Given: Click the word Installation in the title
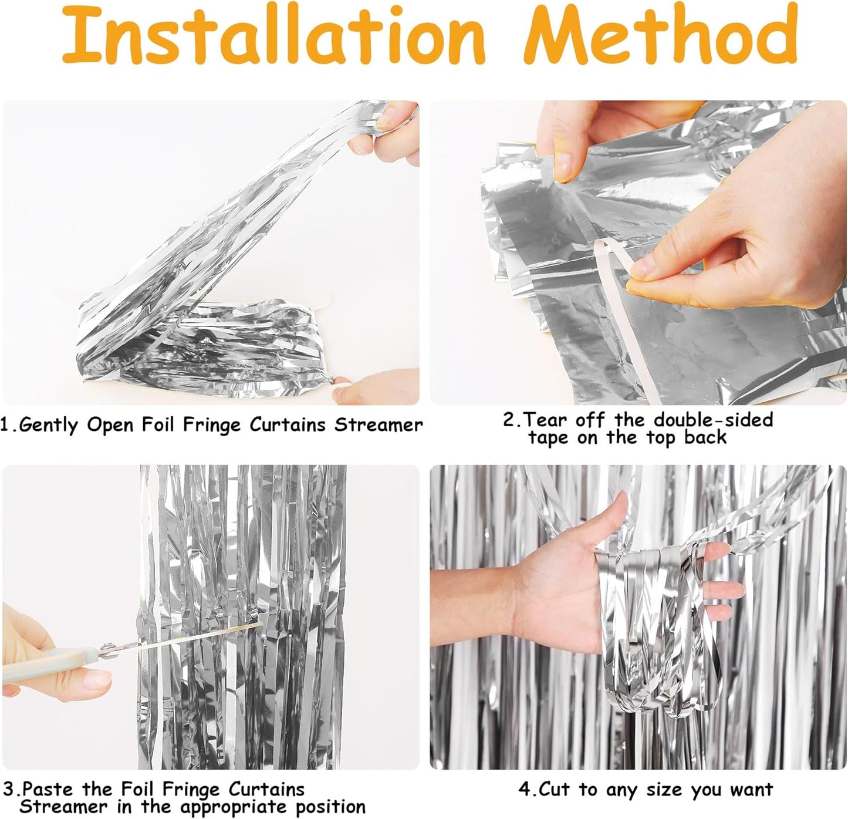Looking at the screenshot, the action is pos(273,35).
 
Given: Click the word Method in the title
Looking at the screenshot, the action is pos(661,34).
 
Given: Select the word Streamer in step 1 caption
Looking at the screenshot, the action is pos(379,424).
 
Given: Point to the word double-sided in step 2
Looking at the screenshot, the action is pos(714,420).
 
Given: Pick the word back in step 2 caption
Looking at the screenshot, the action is pos(706,437).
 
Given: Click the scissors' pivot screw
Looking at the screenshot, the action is pos(105,651).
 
